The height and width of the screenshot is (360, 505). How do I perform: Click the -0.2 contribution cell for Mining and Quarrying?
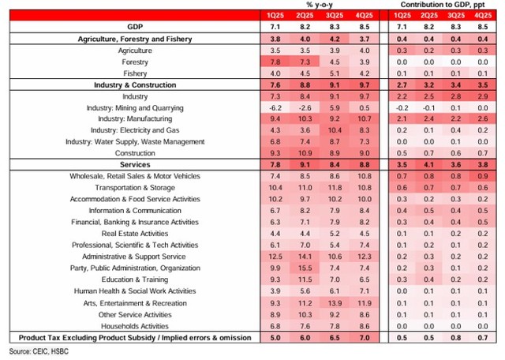(x=400, y=107)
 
